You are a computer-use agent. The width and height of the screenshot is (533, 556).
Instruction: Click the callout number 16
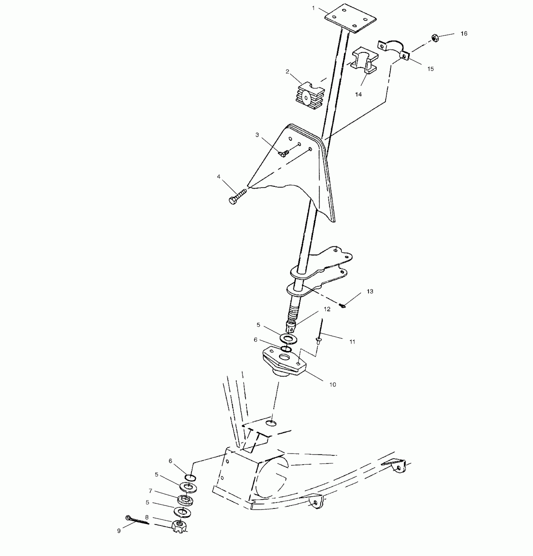[x=464, y=34]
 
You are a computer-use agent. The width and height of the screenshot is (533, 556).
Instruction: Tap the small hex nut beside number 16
[x=435, y=38]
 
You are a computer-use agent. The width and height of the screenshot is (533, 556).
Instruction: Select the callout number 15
[x=430, y=69]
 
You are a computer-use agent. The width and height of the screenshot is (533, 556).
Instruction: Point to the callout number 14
[x=358, y=94]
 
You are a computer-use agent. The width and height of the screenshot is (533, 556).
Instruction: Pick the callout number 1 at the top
[x=313, y=8]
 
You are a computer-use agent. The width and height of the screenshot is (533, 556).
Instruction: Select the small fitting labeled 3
[x=284, y=154]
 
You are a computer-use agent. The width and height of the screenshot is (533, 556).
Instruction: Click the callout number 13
[x=370, y=291]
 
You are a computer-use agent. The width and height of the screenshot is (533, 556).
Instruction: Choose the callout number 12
[x=327, y=309]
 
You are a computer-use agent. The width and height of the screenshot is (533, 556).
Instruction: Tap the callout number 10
[x=332, y=385]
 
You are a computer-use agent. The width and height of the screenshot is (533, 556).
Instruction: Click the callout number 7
[x=150, y=491]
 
